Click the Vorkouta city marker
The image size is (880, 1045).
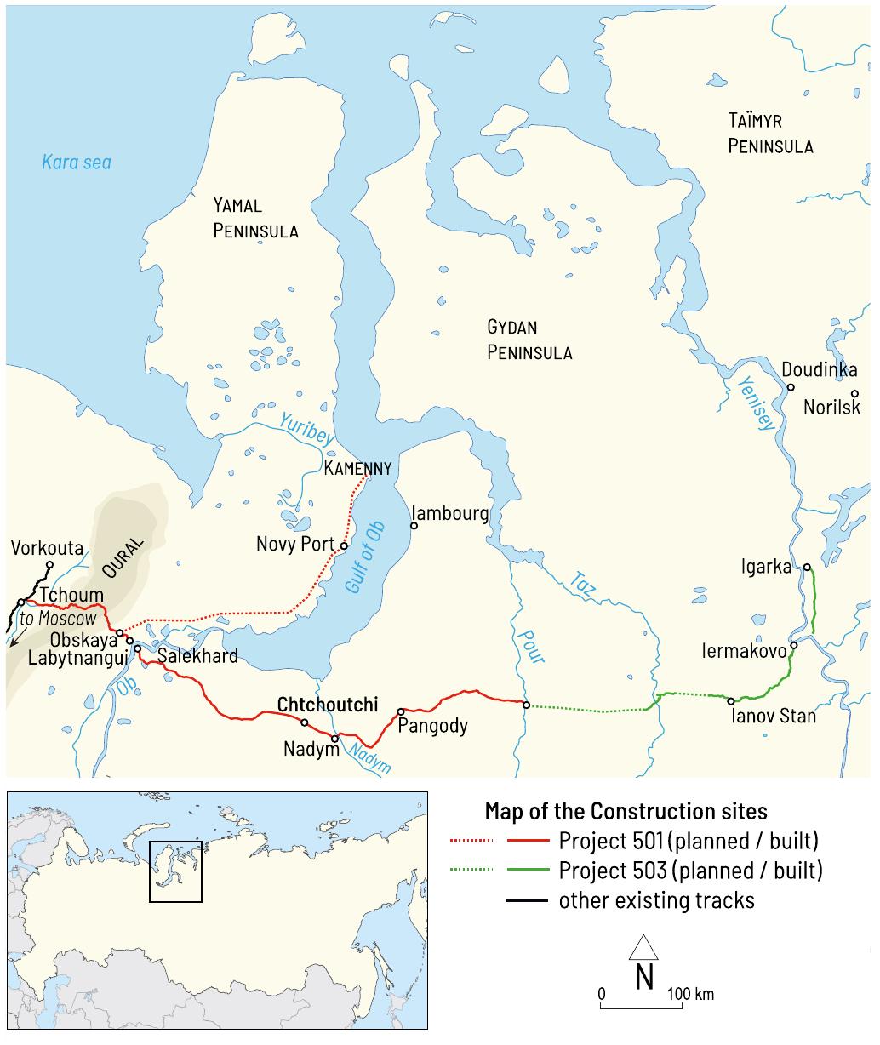coord(49,564)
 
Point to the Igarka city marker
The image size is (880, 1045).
coord(806,568)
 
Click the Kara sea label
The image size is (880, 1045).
coord(77,162)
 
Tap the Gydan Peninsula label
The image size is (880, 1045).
coord(529,340)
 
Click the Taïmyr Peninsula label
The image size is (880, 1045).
coord(770,134)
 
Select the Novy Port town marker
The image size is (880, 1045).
coord(344,545)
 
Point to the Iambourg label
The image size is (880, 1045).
coord(449,514)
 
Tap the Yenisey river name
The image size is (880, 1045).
coord(756,403)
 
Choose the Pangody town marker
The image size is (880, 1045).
coord(400,711)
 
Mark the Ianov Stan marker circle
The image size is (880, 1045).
coord(730,701)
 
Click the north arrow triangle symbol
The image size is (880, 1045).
coord(643,946)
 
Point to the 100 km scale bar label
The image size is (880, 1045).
coord(690,994)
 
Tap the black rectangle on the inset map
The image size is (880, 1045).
coord(175,871)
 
